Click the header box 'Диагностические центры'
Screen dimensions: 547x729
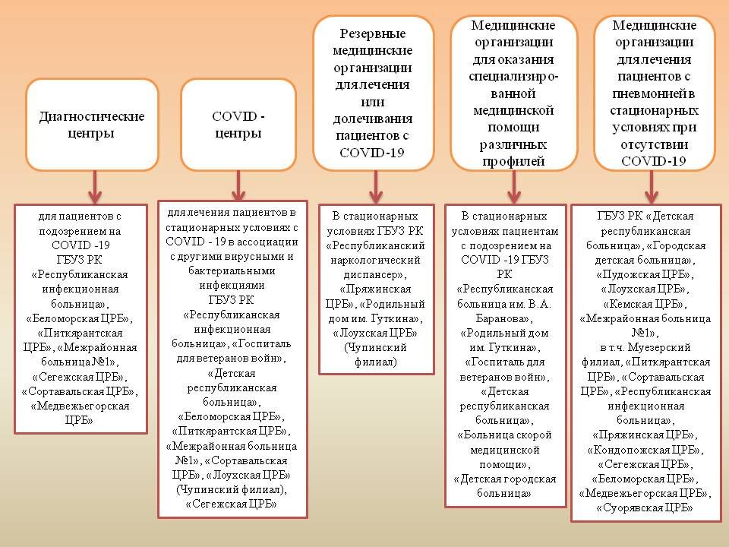click(x=92, y=125)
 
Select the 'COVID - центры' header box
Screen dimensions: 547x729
click(x=238, y=125)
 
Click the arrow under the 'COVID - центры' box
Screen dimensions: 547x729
click(x=238, y=185)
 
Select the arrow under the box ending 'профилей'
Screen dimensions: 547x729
click(x=514, y=185)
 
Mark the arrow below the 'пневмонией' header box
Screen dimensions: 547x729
click(x=651, y=185)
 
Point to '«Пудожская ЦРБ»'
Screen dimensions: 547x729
click(x=646, y=274)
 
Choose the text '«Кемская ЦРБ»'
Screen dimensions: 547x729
click(x=646, y=303)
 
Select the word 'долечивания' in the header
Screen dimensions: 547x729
click(x=373, y=119)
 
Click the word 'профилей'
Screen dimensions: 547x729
click(x=513, y=160)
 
